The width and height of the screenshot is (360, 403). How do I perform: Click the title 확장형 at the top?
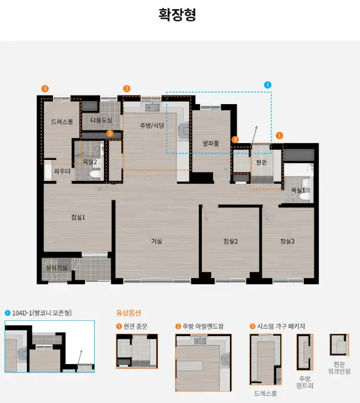point(177,15)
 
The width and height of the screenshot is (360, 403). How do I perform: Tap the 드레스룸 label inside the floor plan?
point(62,122)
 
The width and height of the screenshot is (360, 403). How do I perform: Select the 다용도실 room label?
point(101,120)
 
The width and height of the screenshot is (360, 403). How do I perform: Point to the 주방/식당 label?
point(152,125)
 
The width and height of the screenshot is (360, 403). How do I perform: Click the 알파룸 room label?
point(211,143)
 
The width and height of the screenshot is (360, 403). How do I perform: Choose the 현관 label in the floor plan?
point(261,162)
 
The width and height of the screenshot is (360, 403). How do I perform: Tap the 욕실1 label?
point(298,190)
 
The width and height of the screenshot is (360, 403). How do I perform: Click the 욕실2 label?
point(90,162)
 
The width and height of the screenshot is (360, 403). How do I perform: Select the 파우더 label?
point(62,171)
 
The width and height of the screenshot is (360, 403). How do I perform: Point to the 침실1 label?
point(78,217)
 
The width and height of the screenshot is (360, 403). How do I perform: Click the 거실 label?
point(156,241)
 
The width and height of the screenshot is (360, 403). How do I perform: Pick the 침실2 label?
point(230,241)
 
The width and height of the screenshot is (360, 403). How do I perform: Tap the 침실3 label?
point(288,241)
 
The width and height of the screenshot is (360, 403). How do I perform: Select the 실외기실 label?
point(57,268)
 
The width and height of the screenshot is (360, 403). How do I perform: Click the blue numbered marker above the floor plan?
point(268,85)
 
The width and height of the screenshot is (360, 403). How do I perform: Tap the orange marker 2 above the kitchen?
point(126,89)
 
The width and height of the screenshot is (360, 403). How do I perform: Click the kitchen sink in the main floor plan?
point(153,107)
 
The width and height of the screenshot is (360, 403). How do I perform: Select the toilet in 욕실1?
point(305,197)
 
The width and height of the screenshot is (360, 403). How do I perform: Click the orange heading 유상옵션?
point(128,313)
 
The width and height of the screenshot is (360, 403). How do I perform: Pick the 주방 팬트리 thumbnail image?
point(305,352)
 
